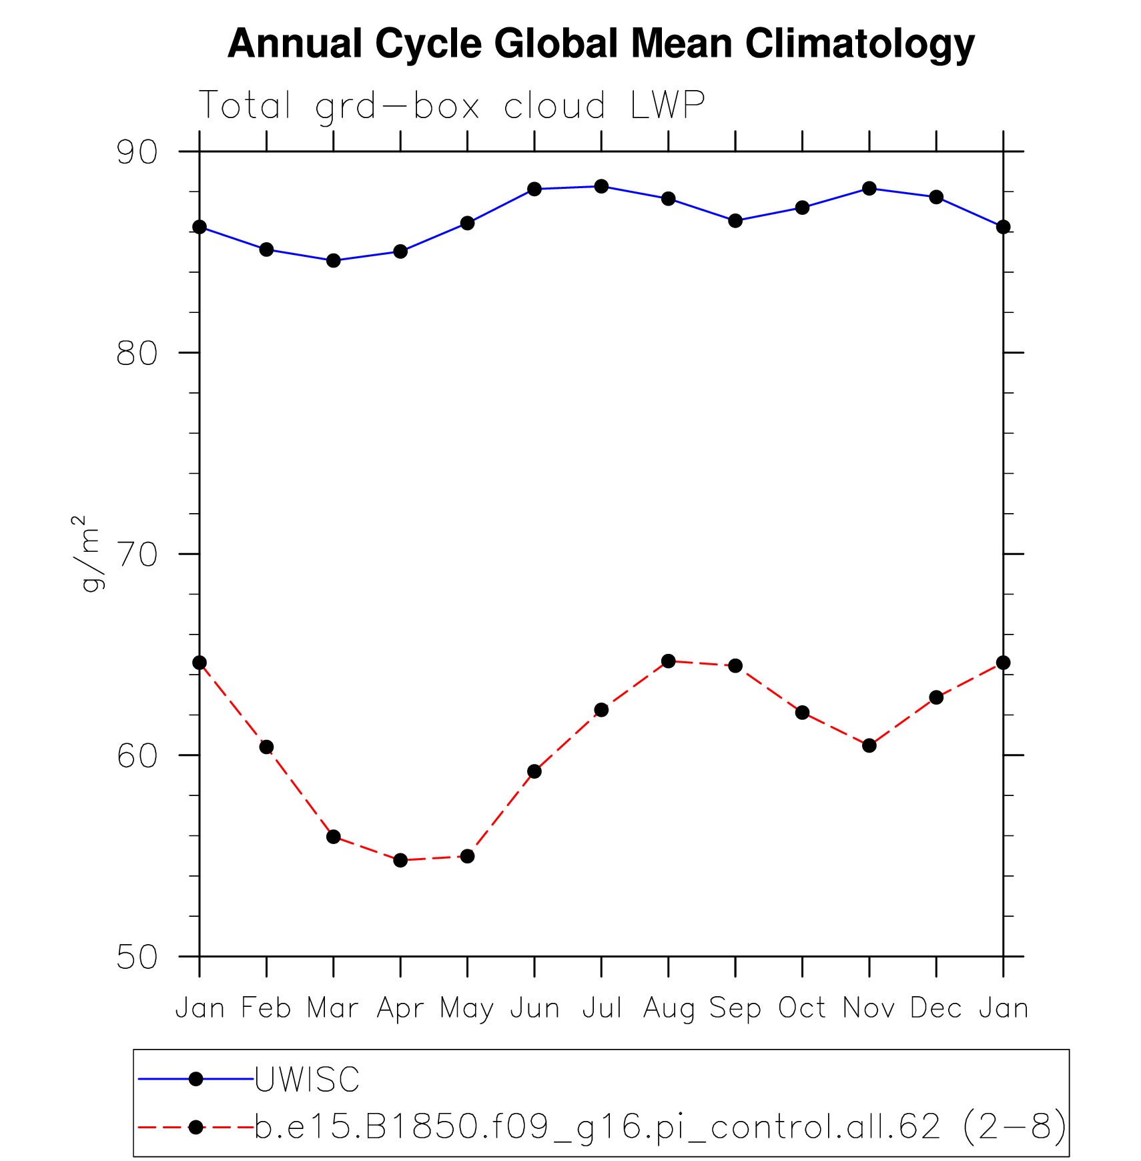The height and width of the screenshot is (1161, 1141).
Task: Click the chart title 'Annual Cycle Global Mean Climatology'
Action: (601, 44)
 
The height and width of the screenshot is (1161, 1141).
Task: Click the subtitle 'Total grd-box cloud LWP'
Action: (452, 105)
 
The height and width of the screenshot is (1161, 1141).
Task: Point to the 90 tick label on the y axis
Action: (137, 152)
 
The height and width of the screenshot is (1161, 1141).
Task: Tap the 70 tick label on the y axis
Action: (137, 554)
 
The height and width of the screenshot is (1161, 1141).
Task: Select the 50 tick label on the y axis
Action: (137, 957)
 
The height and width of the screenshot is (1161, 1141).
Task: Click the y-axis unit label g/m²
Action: (89, 554)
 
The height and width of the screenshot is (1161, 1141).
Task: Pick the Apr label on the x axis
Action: (400, 1008)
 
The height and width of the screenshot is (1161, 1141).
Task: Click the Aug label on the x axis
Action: (669, 1008)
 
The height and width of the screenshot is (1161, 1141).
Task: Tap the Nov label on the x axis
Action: (869, 1008)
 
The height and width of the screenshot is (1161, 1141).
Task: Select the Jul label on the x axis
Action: (601, 1008)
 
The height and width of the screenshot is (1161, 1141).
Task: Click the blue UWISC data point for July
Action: (601, 186)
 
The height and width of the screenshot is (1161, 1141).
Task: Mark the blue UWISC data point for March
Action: (334, 260)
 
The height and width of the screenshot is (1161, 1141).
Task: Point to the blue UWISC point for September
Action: (735, 221)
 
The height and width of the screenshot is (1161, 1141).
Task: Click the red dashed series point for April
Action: (400, 860)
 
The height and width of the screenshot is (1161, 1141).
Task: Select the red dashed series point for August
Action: (669, 661)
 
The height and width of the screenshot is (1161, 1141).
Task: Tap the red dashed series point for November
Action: (869, 745)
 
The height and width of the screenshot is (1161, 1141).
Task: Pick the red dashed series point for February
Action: (266, 747)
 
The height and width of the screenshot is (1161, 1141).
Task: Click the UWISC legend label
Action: (307, 1080)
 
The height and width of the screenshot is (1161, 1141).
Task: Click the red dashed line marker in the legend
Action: (196, 1128)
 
